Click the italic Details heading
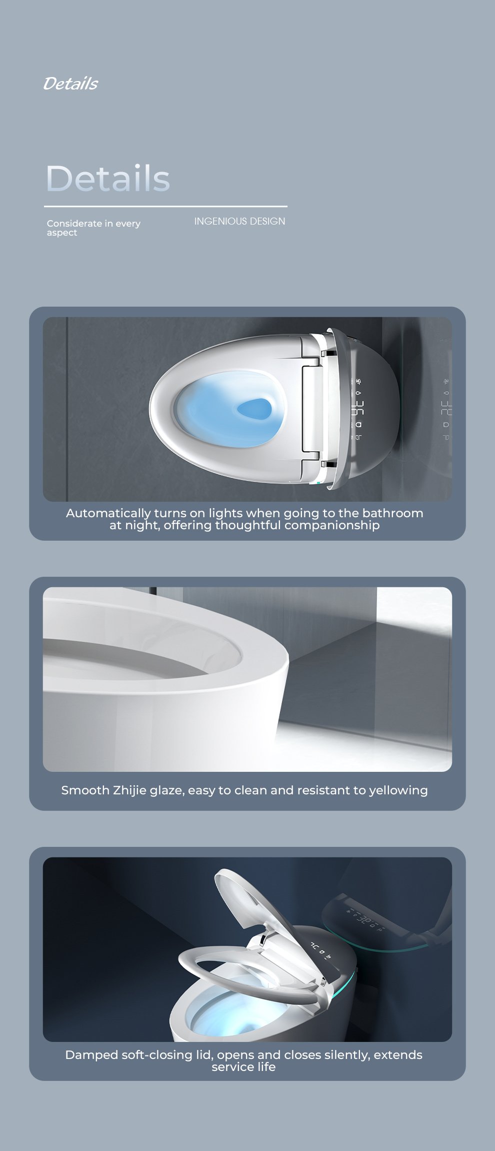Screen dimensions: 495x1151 (70, 84)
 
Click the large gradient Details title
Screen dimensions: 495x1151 (108, 178)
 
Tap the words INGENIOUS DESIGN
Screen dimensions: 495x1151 (239, 221)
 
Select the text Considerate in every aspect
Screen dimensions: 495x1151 (93, 228)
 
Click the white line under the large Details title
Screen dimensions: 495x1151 (165, 206)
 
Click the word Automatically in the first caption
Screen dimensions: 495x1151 (108, 513)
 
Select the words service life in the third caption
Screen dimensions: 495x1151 (243, 1067)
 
